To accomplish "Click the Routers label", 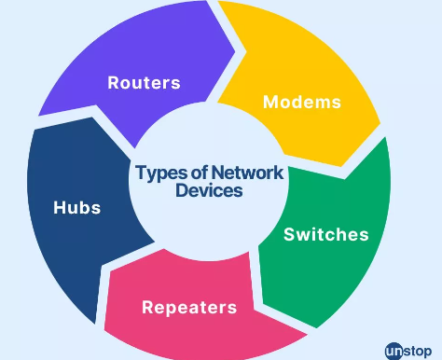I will [144, 82].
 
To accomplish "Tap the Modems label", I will [301, 101].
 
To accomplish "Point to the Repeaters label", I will [189, 306].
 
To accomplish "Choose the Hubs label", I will [77, 206].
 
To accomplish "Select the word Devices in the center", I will [209, 191].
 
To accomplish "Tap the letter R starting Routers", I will [114, 82].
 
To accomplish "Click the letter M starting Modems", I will [271, 101].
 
